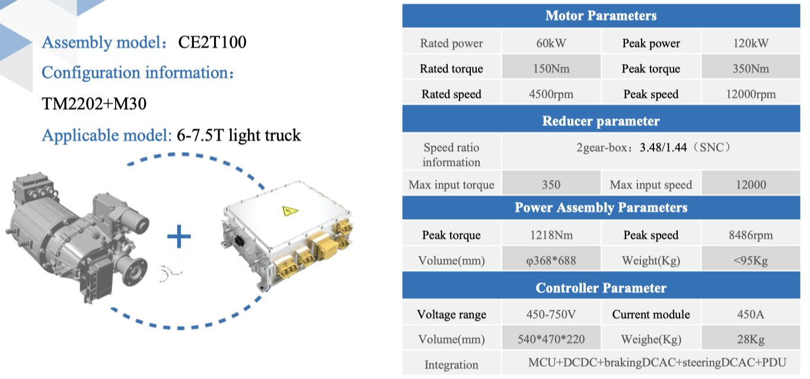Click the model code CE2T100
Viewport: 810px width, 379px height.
[212, 42]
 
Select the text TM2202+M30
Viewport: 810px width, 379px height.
[94, 104]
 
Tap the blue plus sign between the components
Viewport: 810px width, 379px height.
[178, 236]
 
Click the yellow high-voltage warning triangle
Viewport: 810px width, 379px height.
[289, 210]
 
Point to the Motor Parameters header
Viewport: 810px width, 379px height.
[601, 15]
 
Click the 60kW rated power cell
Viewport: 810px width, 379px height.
[551, 43]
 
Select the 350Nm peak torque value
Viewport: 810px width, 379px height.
[751, 69]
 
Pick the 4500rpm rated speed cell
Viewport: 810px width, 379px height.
[551, 94]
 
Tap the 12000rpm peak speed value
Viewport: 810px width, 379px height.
[751, 94]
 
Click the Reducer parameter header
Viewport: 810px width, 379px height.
[601, 121]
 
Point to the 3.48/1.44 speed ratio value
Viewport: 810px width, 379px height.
[663, 147]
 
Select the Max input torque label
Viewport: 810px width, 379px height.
[451, 185]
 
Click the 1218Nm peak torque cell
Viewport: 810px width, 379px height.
[551, 235]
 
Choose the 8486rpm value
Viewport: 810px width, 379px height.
[751, 235]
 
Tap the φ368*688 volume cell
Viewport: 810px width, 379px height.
[551, 261]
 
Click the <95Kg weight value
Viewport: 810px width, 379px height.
[751, 261]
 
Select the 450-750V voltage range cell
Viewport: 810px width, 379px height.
[551, 314]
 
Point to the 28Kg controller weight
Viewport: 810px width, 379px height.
[751, 339]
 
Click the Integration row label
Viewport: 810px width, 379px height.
[451, 365]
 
